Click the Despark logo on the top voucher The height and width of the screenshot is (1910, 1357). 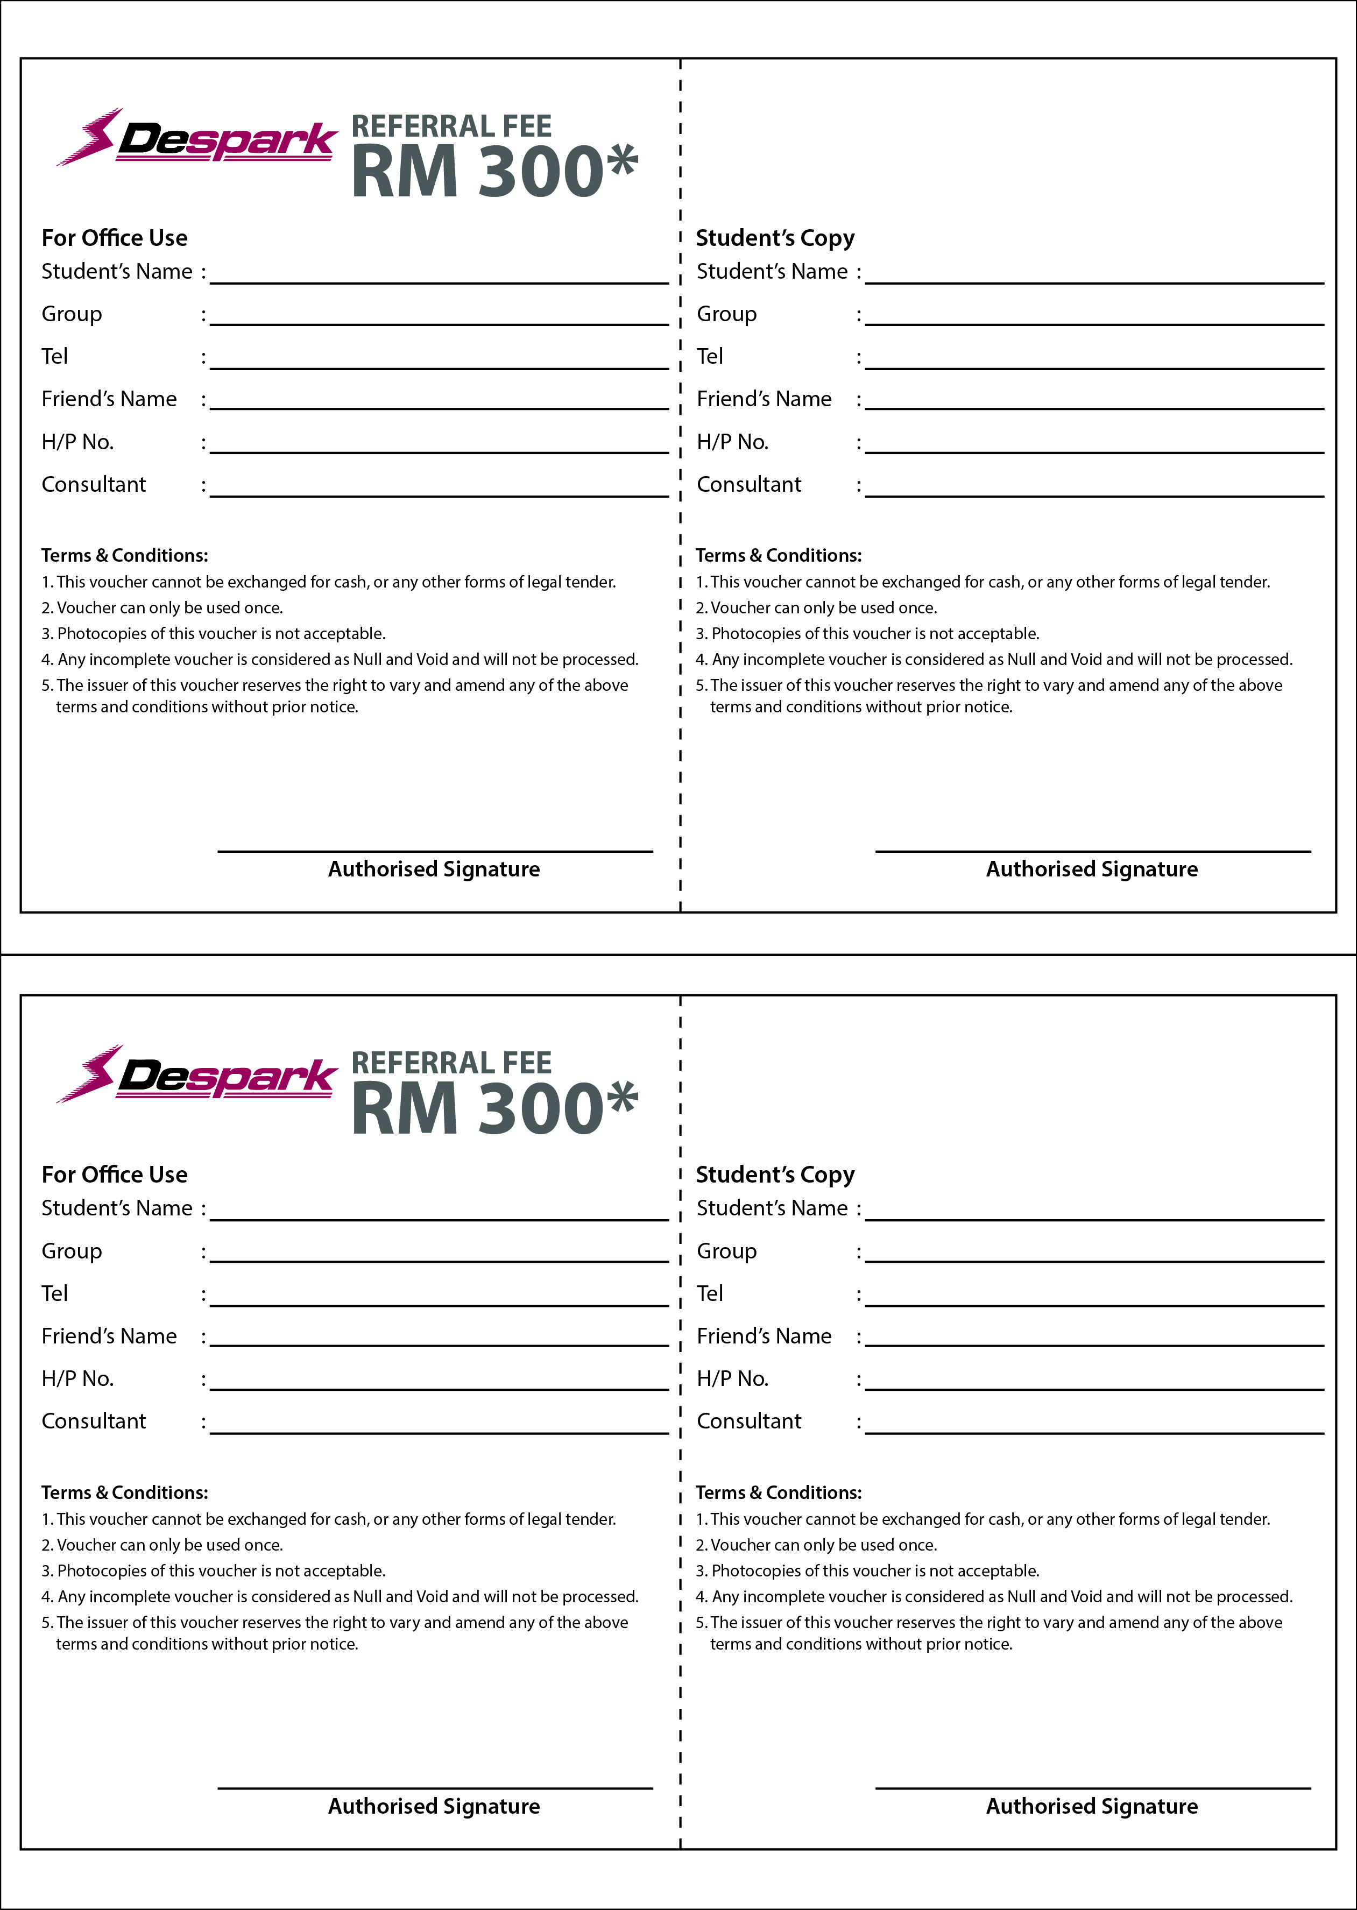[x=196, y=138]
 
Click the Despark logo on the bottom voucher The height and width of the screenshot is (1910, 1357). [x=196, y=1074]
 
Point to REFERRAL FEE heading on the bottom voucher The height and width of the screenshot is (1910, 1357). [x=451, y=1063]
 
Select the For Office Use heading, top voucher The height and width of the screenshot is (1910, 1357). [x=115, y=238]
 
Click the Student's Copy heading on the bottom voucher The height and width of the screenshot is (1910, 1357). [x=775, y=1175]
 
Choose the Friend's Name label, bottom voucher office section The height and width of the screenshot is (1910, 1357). [x=109, y=1336]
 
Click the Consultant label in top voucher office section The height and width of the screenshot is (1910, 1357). [x=94, y=485]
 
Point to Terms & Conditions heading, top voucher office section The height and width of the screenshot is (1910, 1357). [x=124, y=556]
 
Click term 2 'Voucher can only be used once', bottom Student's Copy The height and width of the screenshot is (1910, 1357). [x=823, y=1545]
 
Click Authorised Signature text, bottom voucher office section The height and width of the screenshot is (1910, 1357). [x=434, y=1806]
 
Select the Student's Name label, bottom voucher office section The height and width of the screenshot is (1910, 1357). [x=117, y=1208]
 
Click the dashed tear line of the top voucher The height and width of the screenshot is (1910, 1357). [x=680, y=485]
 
